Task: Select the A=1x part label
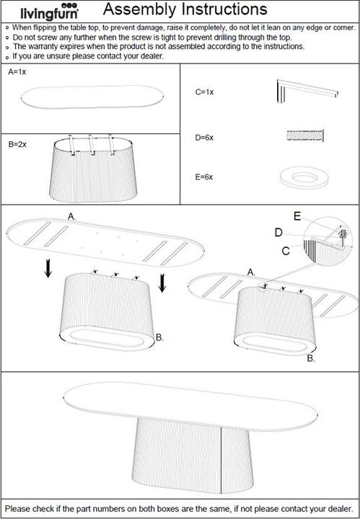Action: coord(17,73)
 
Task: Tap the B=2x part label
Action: coord(18,144)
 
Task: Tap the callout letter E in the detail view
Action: coord(297,215)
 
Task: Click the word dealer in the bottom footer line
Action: coord(338,507)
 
